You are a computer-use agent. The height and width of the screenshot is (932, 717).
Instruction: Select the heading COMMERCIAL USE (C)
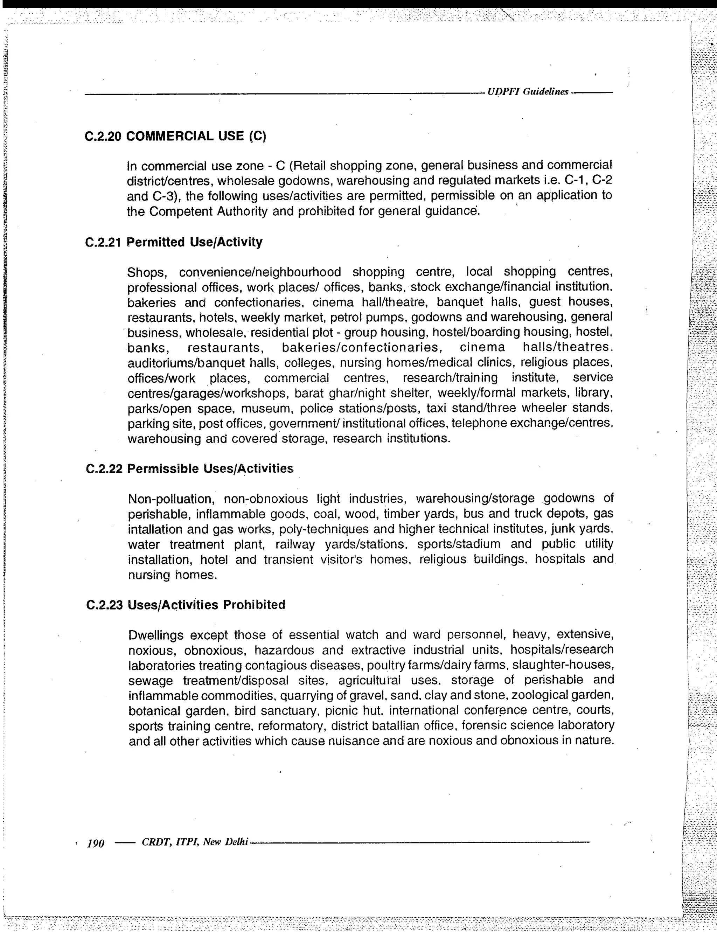[196, 136]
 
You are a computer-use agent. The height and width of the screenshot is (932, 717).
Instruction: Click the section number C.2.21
[104, 242]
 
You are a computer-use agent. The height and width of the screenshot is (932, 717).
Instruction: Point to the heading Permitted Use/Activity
[195, 242]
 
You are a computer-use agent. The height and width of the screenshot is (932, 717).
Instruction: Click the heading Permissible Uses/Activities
[210, 468]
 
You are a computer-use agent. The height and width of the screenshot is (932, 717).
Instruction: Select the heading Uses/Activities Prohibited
[207, 605]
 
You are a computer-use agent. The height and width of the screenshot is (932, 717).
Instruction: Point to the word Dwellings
[156, 635]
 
